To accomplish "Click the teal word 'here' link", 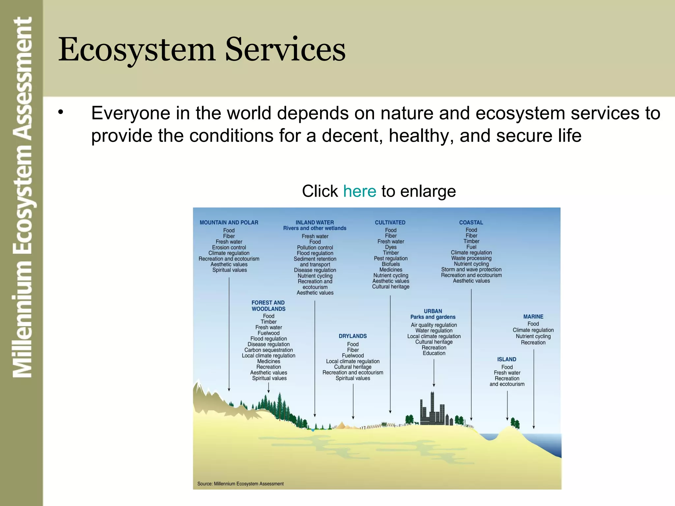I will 359,191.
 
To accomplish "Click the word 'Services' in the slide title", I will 285,49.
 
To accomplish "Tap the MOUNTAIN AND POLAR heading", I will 229,222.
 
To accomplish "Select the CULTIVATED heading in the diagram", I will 390,222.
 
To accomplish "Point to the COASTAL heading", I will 471,222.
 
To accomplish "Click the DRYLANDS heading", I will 353,336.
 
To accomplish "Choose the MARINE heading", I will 533,317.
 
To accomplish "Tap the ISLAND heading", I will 507,359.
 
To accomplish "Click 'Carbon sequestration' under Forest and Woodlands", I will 268,350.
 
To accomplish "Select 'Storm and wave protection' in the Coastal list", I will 471,269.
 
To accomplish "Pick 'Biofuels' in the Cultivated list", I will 391,264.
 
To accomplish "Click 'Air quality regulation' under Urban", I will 434,325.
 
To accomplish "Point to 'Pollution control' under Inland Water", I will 315,247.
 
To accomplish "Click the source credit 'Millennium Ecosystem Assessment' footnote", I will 240,484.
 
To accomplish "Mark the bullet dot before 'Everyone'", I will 60,113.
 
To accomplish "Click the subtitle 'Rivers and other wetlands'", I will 314,228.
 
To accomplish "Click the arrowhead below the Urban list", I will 434,384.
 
